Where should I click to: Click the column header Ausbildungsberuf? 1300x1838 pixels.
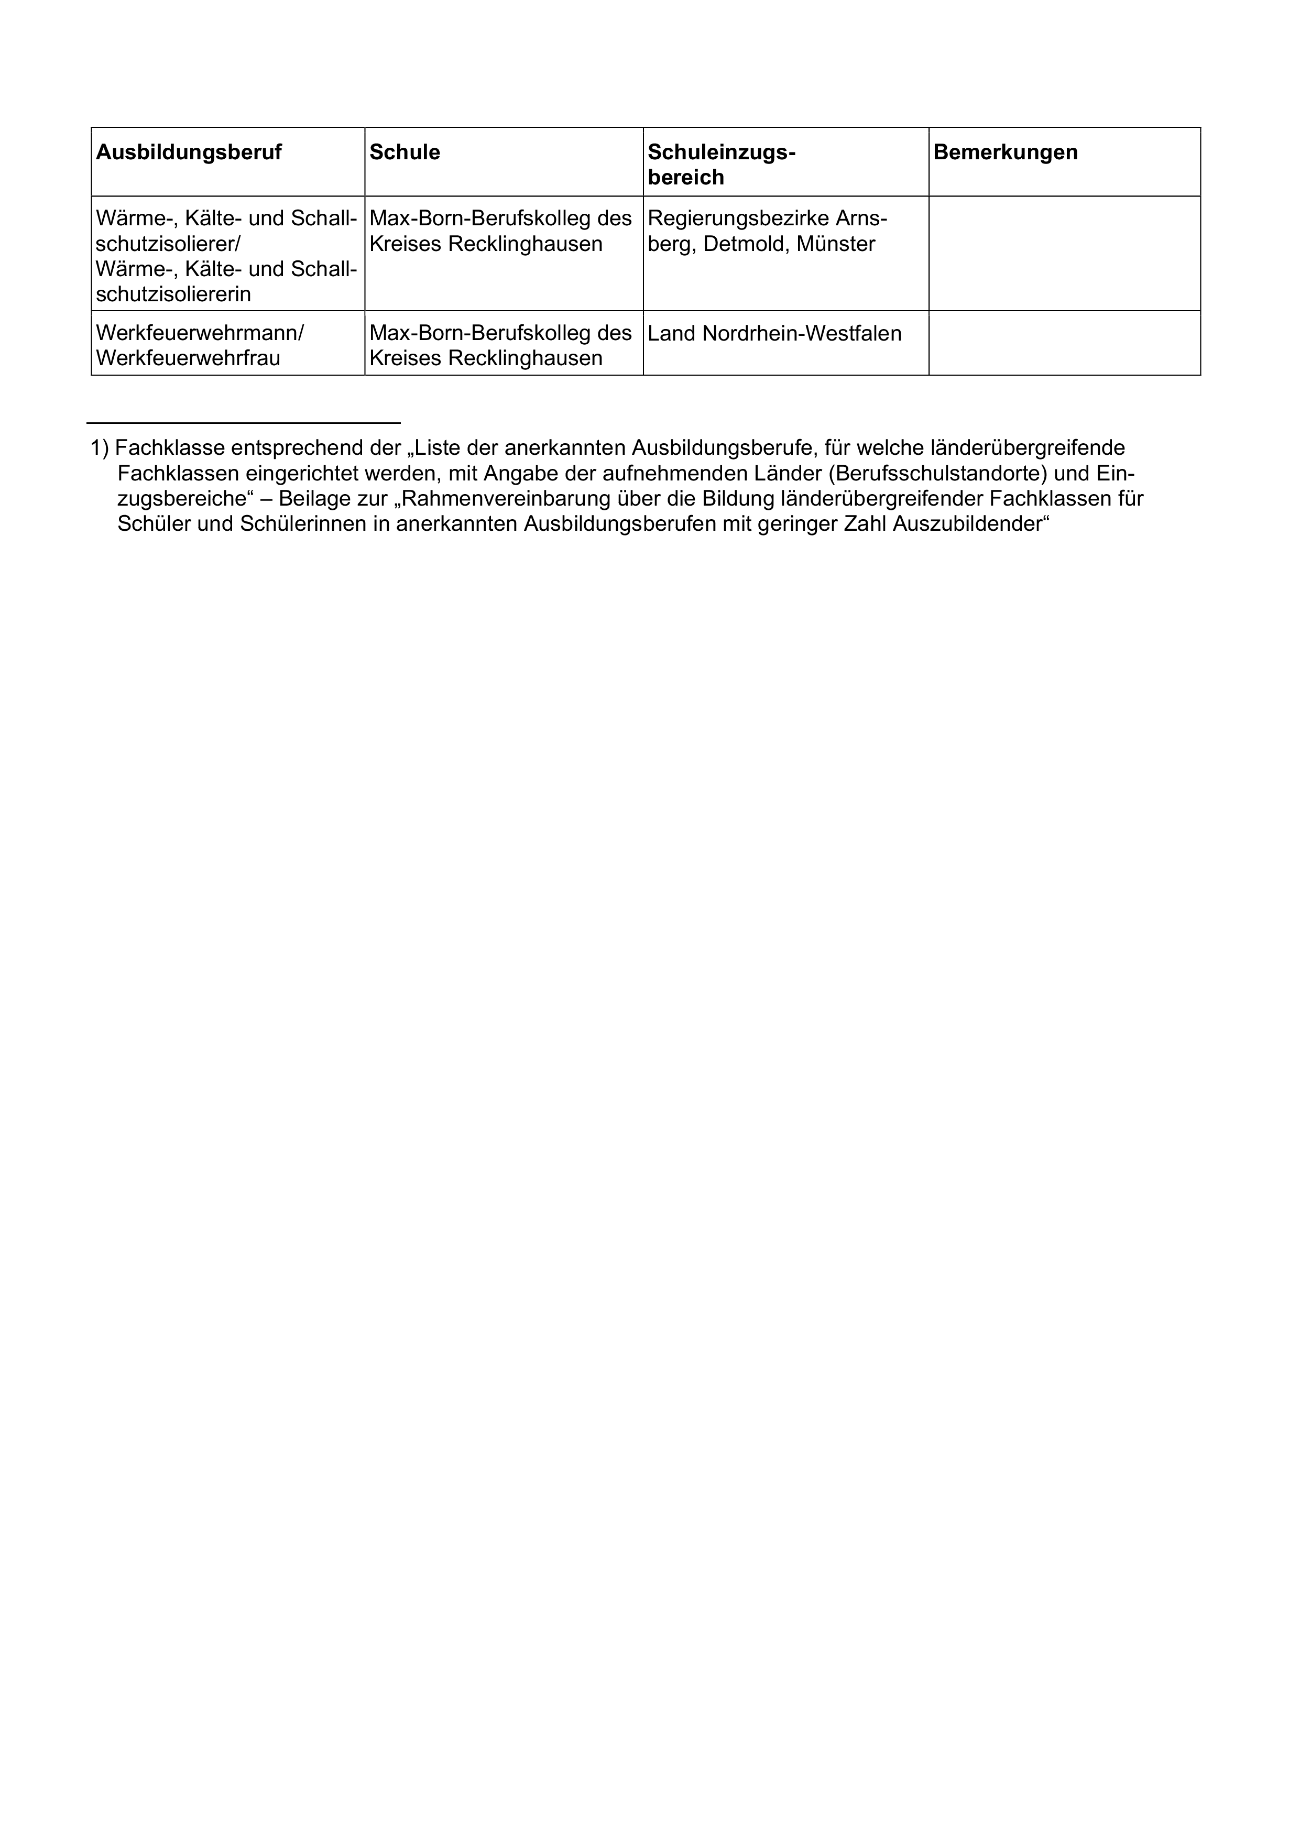click(x=189, y=153)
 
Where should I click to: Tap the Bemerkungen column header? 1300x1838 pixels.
click(x=1006, y=153)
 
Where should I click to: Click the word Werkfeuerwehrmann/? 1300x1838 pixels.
click(x=199, y=333)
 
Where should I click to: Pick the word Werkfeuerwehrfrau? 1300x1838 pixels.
click(x=188, y=358)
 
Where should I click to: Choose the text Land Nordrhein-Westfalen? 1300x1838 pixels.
click(x=774, y=334)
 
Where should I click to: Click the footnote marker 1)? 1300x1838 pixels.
click(x=100, y=447)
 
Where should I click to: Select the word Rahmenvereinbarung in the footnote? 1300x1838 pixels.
click(x=513, y=499)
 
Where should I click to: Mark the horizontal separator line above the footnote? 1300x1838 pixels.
click(x=243, y=423)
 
